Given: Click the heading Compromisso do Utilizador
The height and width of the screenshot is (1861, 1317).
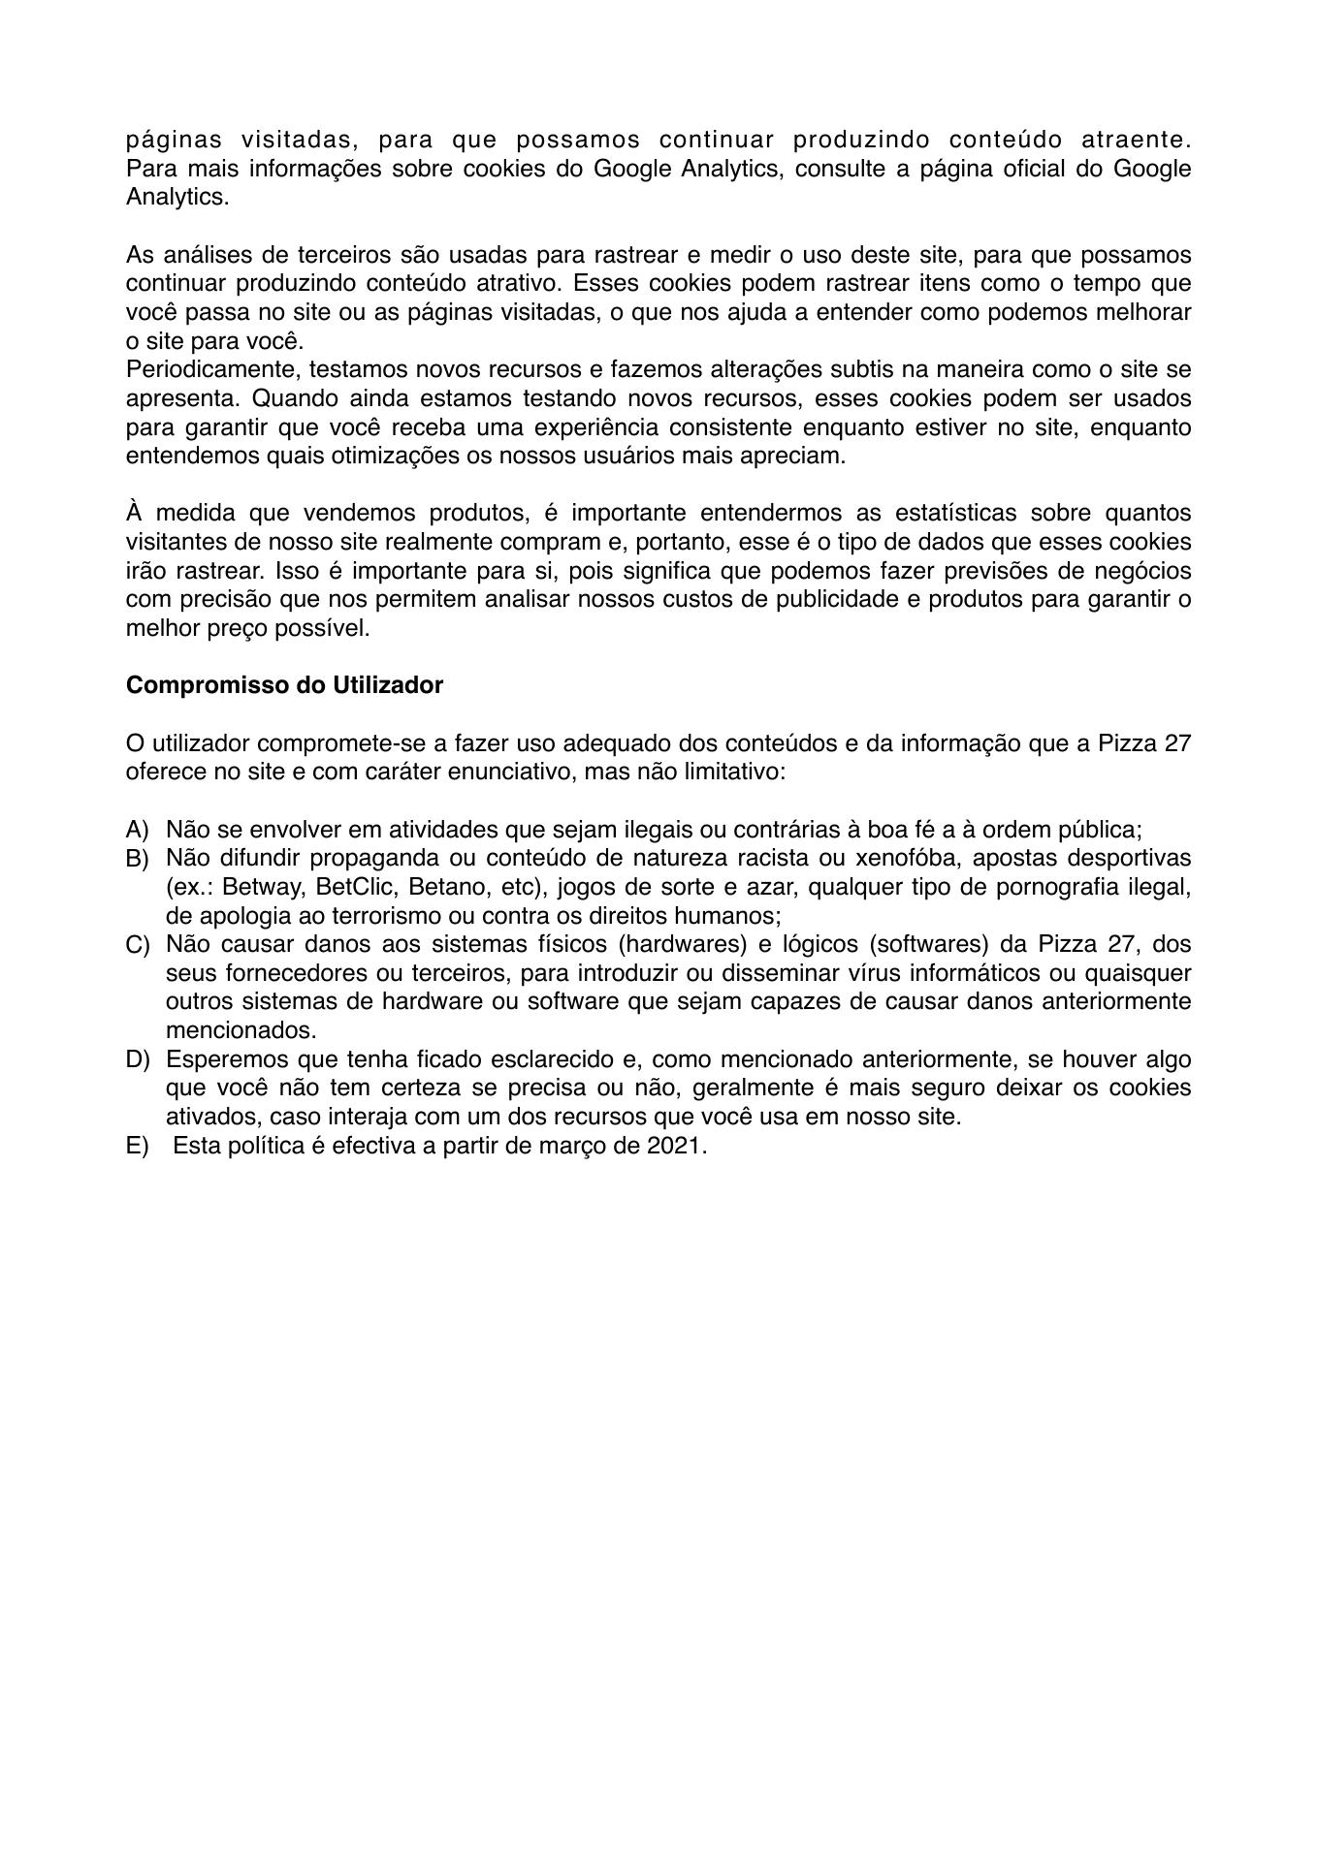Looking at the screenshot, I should (284, 685).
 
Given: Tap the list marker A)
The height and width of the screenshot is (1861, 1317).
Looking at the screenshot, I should (137, 830).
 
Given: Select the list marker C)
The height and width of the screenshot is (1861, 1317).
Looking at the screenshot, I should (137, 945).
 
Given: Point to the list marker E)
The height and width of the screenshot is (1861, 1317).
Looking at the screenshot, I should (137, 1146).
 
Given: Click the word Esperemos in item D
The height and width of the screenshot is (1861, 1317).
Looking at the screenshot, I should (218, 1059).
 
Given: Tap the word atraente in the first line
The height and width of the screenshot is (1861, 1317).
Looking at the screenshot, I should (1132, 140).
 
